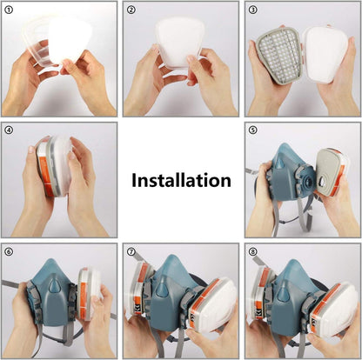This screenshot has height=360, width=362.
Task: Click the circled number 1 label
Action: pos(9,10)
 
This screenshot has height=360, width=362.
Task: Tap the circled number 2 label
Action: pos(131,10)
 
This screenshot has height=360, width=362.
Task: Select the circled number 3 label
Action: pos(253,10)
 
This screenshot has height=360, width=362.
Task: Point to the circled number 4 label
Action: pos(9,130)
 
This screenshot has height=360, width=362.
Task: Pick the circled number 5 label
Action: pos(253,130)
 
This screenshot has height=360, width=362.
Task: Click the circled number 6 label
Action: pos(9,251)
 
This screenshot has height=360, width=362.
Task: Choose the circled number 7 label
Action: pos(131,251)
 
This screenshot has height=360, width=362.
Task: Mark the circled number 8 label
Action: pos(253,251)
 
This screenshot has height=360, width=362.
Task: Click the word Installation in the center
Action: pos(181,180)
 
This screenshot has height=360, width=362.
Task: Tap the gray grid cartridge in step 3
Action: pos(279,55)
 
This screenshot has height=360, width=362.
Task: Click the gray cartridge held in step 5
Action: pos(331,172)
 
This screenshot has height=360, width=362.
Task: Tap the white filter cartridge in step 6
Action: pos(90,293)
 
